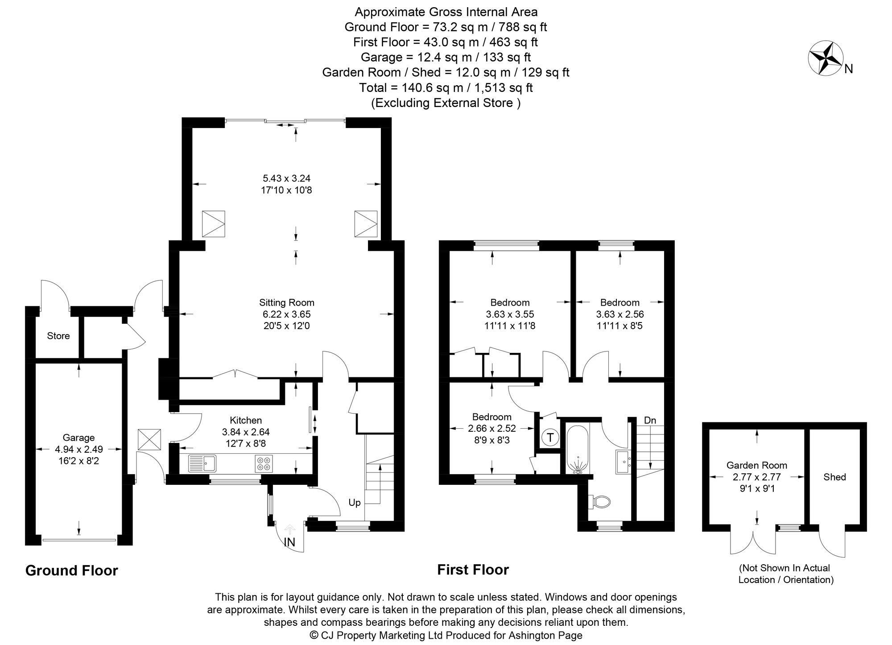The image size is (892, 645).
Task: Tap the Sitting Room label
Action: click(x=287, y=302)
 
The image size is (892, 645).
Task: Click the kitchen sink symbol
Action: click(x=202, y=463)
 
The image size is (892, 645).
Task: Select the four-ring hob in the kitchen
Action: click(x=264, y=463)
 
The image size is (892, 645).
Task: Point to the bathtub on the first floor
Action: click(x=578, y=448)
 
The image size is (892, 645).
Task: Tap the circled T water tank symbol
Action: click(x=550, y=438)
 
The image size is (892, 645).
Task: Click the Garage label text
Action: click(x=78, y=438)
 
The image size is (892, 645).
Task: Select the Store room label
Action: click(x=58, y=336)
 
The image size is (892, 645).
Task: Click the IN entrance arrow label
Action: click(x=290, y=542)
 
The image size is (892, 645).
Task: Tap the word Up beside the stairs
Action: click(x=355, y=503)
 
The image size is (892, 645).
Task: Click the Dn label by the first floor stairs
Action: click(x=650, y=420)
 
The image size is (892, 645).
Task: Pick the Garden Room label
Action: click(x=757, y=465)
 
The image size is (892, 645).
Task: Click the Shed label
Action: click(x=834, y=477)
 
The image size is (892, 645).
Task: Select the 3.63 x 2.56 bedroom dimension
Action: click(x=620, y=314)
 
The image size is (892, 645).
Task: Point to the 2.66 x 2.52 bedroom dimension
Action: click(x=492, y=428)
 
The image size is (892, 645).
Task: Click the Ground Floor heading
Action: click(x=71, y=571)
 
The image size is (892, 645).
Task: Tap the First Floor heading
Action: click(x=473, y=570)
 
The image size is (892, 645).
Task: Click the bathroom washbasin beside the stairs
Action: click(x=623, y=462)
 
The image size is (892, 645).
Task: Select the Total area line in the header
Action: click(x=446, y=87)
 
